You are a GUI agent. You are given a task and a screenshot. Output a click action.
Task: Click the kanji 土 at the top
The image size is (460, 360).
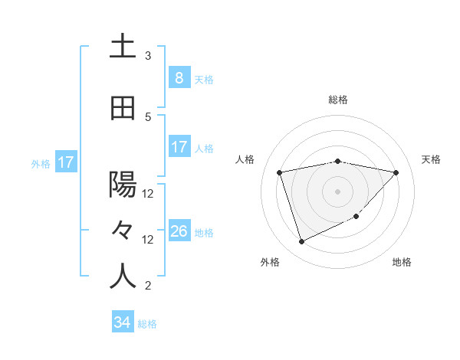point(123,46)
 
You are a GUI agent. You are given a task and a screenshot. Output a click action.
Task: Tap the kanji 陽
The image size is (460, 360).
point(123,185)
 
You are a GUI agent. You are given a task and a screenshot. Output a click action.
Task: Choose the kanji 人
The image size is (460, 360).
point(123,276)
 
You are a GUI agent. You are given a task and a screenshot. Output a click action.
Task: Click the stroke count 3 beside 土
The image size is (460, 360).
point(148,56)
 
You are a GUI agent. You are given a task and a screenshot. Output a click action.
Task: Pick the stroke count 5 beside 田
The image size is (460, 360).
point(148,116)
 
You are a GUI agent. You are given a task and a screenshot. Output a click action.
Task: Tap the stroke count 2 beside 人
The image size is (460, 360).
point(148,286)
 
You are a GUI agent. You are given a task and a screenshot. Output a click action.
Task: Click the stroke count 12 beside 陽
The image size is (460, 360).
point(148,194)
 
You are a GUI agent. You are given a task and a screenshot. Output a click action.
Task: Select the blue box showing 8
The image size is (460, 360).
point(179,77)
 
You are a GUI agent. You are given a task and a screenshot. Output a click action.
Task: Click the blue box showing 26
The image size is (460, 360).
point(179,231)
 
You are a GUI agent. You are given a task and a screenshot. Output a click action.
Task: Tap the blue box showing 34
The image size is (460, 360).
point(122,322)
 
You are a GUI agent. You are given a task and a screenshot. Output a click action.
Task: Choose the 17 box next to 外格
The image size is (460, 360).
point(65,162)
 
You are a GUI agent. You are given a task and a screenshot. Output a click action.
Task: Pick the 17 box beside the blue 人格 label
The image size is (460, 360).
point(179,147)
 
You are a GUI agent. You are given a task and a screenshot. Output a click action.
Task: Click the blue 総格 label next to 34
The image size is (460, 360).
point(147,324)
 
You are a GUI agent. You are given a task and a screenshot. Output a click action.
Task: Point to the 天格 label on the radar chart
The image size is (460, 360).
point(432,159)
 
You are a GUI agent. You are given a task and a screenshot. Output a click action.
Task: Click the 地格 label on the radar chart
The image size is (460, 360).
point(402,262)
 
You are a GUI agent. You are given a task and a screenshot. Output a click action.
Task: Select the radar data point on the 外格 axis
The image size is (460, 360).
point(301,242)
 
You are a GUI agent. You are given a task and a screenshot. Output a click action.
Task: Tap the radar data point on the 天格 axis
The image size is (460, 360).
point(396,172)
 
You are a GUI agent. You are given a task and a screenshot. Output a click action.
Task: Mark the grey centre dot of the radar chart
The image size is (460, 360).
point(337,191)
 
